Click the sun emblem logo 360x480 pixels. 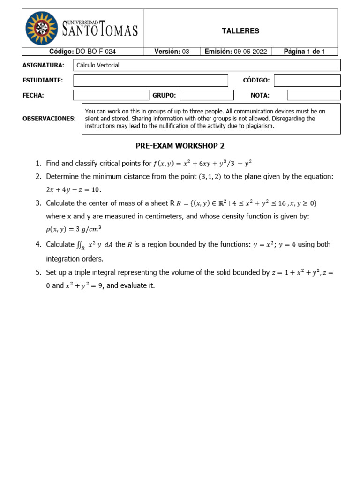pyautogui.click(x=42, y=28)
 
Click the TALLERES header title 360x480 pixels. pyautogui.click(x=240, y=31)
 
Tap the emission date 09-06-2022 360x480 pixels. pyautogui.click(x=250, y=52)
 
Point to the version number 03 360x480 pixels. pyautogui.click(x=186, y=52)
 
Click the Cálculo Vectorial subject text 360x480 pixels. pyautogui.click(x=98, y=65)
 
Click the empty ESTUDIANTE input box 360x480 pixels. pyautogui.click(x=150, y=80)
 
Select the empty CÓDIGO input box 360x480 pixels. pyautogui.click(x=307, y=80)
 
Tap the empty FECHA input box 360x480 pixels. pyautogui.click(x=111, y=95)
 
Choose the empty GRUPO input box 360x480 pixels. pyautogui.click(x=206, y=95)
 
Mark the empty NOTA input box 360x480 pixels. pyautogui.click(x=314, y=95)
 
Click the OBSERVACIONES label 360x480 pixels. pyautogui.click(x=49, y=119)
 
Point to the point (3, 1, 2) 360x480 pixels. pyautogui.click(x=210, y=177)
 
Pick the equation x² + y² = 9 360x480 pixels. pyautogui.click(x=84, y=285)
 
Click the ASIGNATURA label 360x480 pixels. pyautogui.click(x=43, y=65)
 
